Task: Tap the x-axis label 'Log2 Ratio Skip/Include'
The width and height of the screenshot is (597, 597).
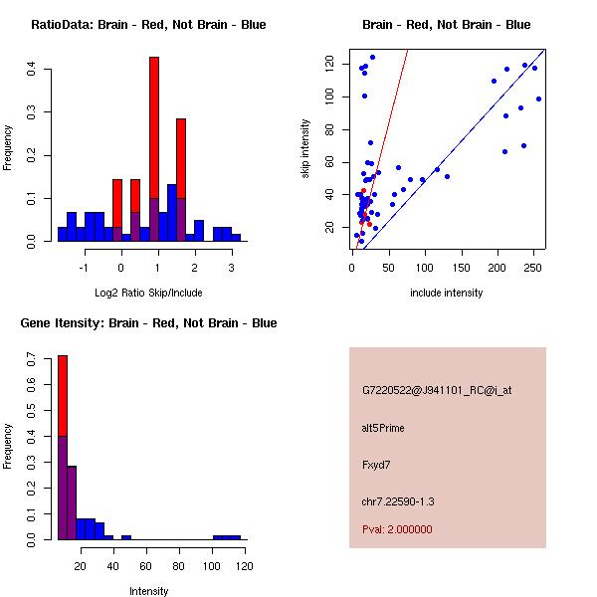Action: coord(148,293)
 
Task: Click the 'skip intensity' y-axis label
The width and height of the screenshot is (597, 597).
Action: coord(305,149)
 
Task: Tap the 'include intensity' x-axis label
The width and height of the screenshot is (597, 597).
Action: coord(447,293)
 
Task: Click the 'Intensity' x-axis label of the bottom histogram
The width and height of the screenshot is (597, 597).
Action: coord(148,591)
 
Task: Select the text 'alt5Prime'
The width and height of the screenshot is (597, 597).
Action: coord(383,429)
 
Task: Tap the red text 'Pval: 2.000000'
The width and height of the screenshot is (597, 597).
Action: coord(397,530)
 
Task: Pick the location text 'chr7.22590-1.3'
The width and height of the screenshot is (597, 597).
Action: coord(398,500)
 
